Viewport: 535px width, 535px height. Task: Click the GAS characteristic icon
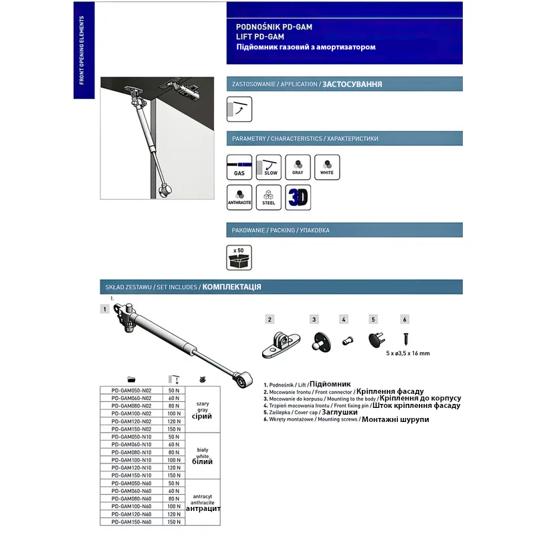pyautogui.click(x=239, y=167)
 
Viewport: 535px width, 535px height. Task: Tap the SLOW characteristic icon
pyautogui.click(x=270, y=167)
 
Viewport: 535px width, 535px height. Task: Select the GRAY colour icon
pyautogui.click(x=298, y=167)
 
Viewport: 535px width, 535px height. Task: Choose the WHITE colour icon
pyautogui.click(x=327, y=167)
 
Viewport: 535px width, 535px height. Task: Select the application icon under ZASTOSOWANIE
pyautogui.click(x=239, y=109)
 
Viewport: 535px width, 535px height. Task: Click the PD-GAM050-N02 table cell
pyautogui.click(x=132, y=390)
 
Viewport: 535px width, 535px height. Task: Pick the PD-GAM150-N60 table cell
pyautogui.click(x=132, y=522)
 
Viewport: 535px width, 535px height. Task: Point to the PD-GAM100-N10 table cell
pyautogui.click(x=132, y=460)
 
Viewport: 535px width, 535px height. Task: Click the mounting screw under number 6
pyautogui.click(x=405, y=337)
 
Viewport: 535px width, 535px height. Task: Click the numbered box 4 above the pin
pyautogui.click(x=343, y=320)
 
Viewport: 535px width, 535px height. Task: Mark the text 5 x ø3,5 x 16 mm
pyautogui.click(x=408, y=353)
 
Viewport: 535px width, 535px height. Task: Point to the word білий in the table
pyautogui.click(x=201, y=463)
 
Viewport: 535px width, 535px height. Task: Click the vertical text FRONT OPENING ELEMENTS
pyautogui.click(x=81, y=51)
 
